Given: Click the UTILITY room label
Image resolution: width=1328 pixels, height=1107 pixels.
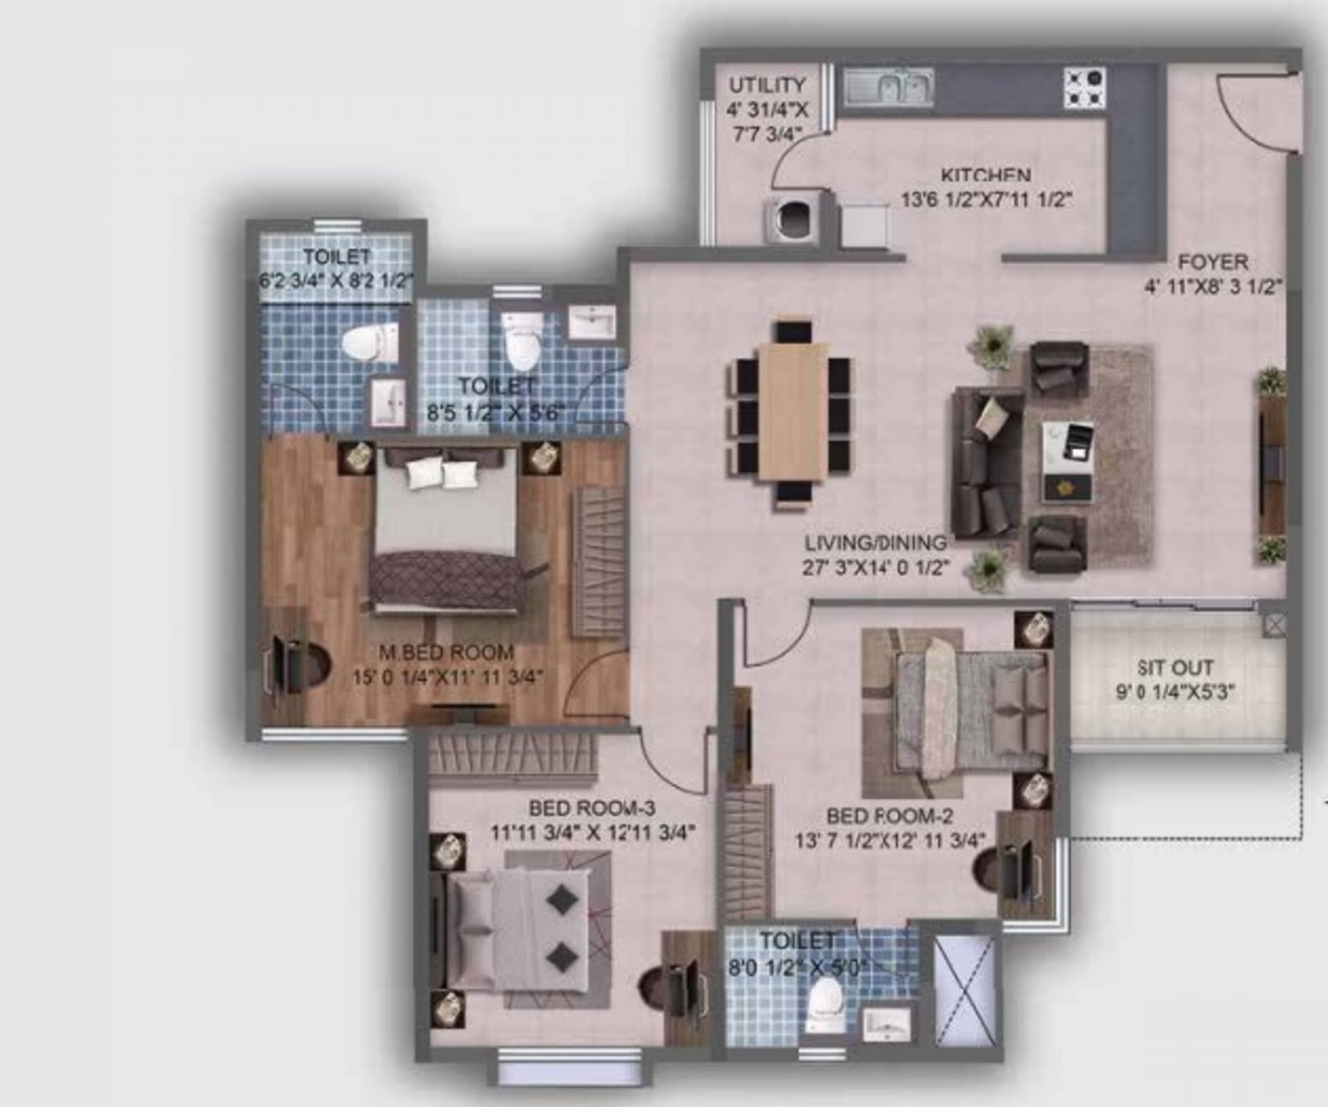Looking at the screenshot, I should [767, 85].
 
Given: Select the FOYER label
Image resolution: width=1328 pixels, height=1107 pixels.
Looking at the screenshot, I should [1213, 262].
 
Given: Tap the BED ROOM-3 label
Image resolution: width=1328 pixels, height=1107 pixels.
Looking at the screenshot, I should [592, 808].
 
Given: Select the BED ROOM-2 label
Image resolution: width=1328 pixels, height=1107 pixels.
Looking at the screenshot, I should [889, 816].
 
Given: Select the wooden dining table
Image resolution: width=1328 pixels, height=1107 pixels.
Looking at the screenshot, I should [793, 411].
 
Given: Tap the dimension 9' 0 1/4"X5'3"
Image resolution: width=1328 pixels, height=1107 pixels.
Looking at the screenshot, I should [1175, 693].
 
